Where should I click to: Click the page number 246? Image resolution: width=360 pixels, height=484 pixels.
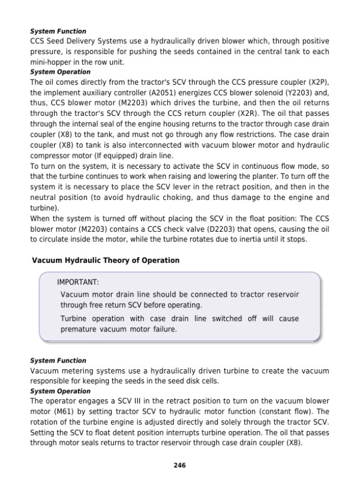tap(179, 464)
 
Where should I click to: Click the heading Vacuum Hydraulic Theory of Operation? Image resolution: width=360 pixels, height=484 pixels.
tap(105, 260)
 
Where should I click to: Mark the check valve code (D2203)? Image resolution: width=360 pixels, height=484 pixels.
tap(188, 229)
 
